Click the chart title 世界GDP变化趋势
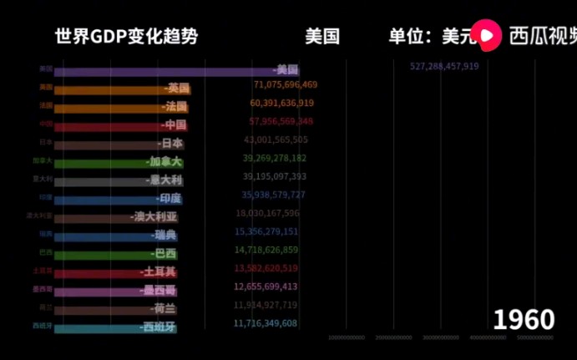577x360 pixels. pyautogui.click(x=127, y=37)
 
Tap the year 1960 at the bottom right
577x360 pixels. pyautogui.click(x=524, y=319)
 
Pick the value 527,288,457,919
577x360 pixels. pyautogui.click(x=444, y=66)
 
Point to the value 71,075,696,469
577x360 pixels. pyautogui.click(x=285, y=84)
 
